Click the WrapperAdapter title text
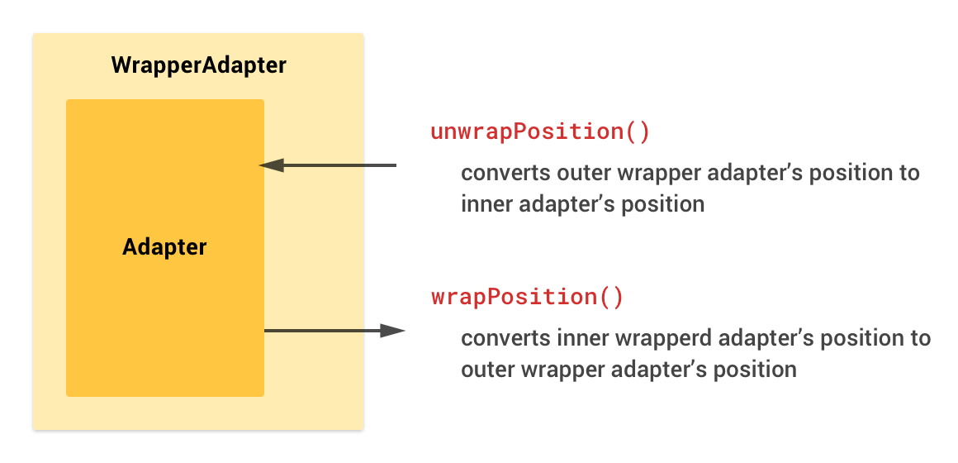pyautogui.click(x=198, y=65)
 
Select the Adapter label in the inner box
pyautogui.click(x=164, y=247)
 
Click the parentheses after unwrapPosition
pyautogui.click(x=638, y=132)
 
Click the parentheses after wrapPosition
pyautogui.click(x=612, y=298)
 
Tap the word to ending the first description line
pyautogui.click(x=910, y=174)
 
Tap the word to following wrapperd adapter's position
pyautogui.click(x=921, y=339)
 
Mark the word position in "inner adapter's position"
pyautogui.click(x=669, y=204)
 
